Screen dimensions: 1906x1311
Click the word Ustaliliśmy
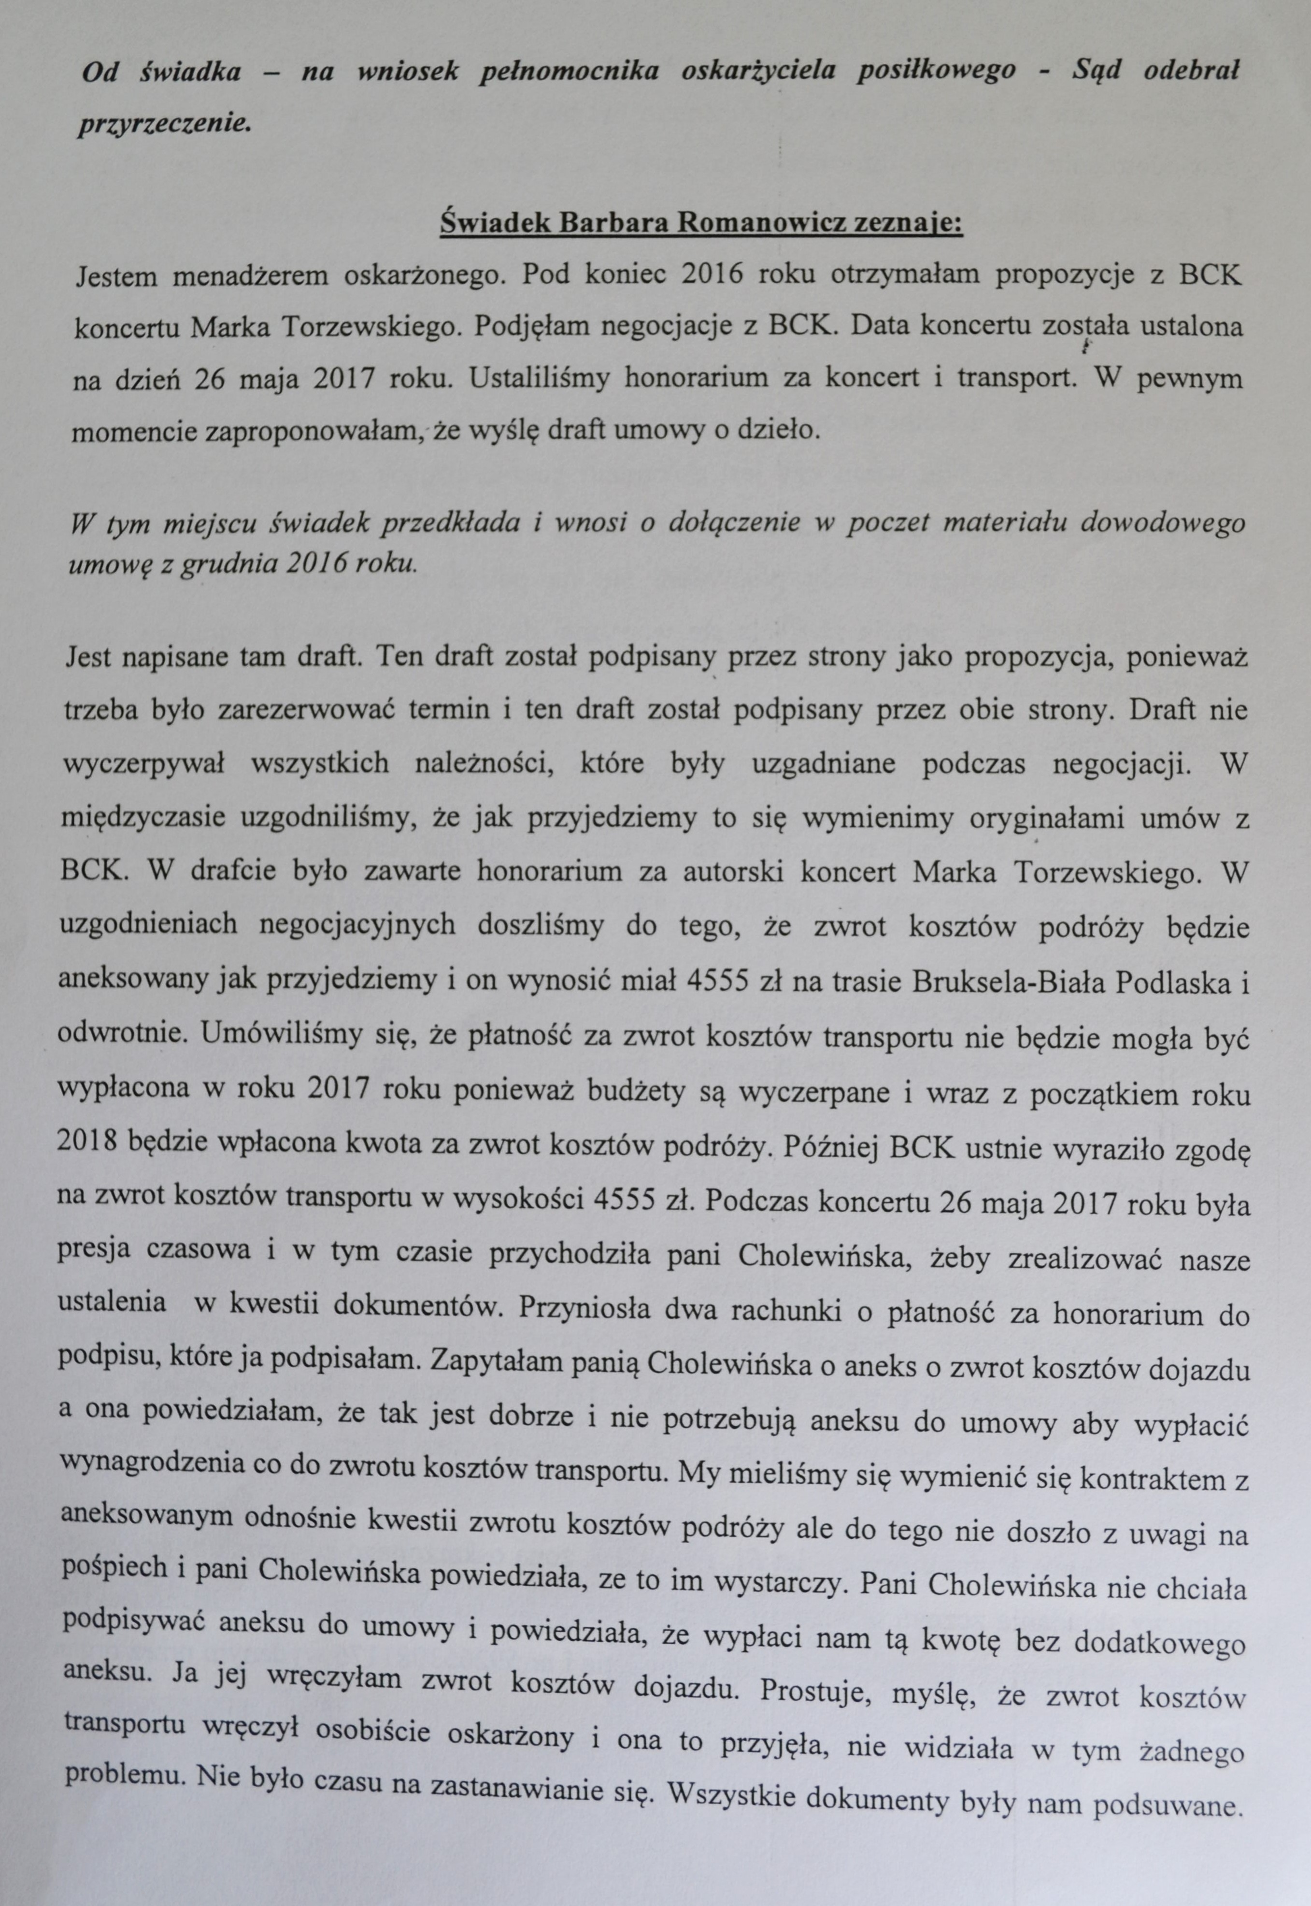point(535,379)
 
